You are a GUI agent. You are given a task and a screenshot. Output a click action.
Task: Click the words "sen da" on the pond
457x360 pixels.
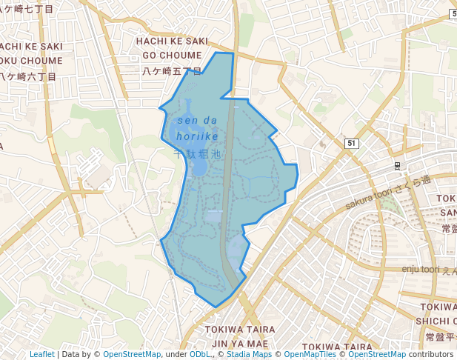point(197,121)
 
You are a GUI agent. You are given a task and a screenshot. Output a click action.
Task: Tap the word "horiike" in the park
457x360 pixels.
point(198,137)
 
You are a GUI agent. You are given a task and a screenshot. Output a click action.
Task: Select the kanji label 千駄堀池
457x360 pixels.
point(197,155)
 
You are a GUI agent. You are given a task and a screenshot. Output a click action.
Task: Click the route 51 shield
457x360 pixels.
point(351,143)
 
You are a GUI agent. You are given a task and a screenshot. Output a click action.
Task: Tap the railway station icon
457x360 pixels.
point(398,166)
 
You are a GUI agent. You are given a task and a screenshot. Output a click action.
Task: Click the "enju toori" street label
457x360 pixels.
point(421,270)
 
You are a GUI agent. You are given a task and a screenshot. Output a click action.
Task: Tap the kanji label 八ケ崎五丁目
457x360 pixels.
point(171,71)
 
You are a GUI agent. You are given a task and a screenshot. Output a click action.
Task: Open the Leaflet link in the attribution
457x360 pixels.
point(42,354)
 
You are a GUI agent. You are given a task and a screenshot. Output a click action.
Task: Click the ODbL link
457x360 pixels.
point(200,354)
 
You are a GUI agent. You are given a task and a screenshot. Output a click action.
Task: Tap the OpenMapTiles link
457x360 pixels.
point(310,354)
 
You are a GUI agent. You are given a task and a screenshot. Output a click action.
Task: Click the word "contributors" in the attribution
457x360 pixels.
point(431,354)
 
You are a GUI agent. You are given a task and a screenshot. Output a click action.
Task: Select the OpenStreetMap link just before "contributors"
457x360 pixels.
point(377,354)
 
